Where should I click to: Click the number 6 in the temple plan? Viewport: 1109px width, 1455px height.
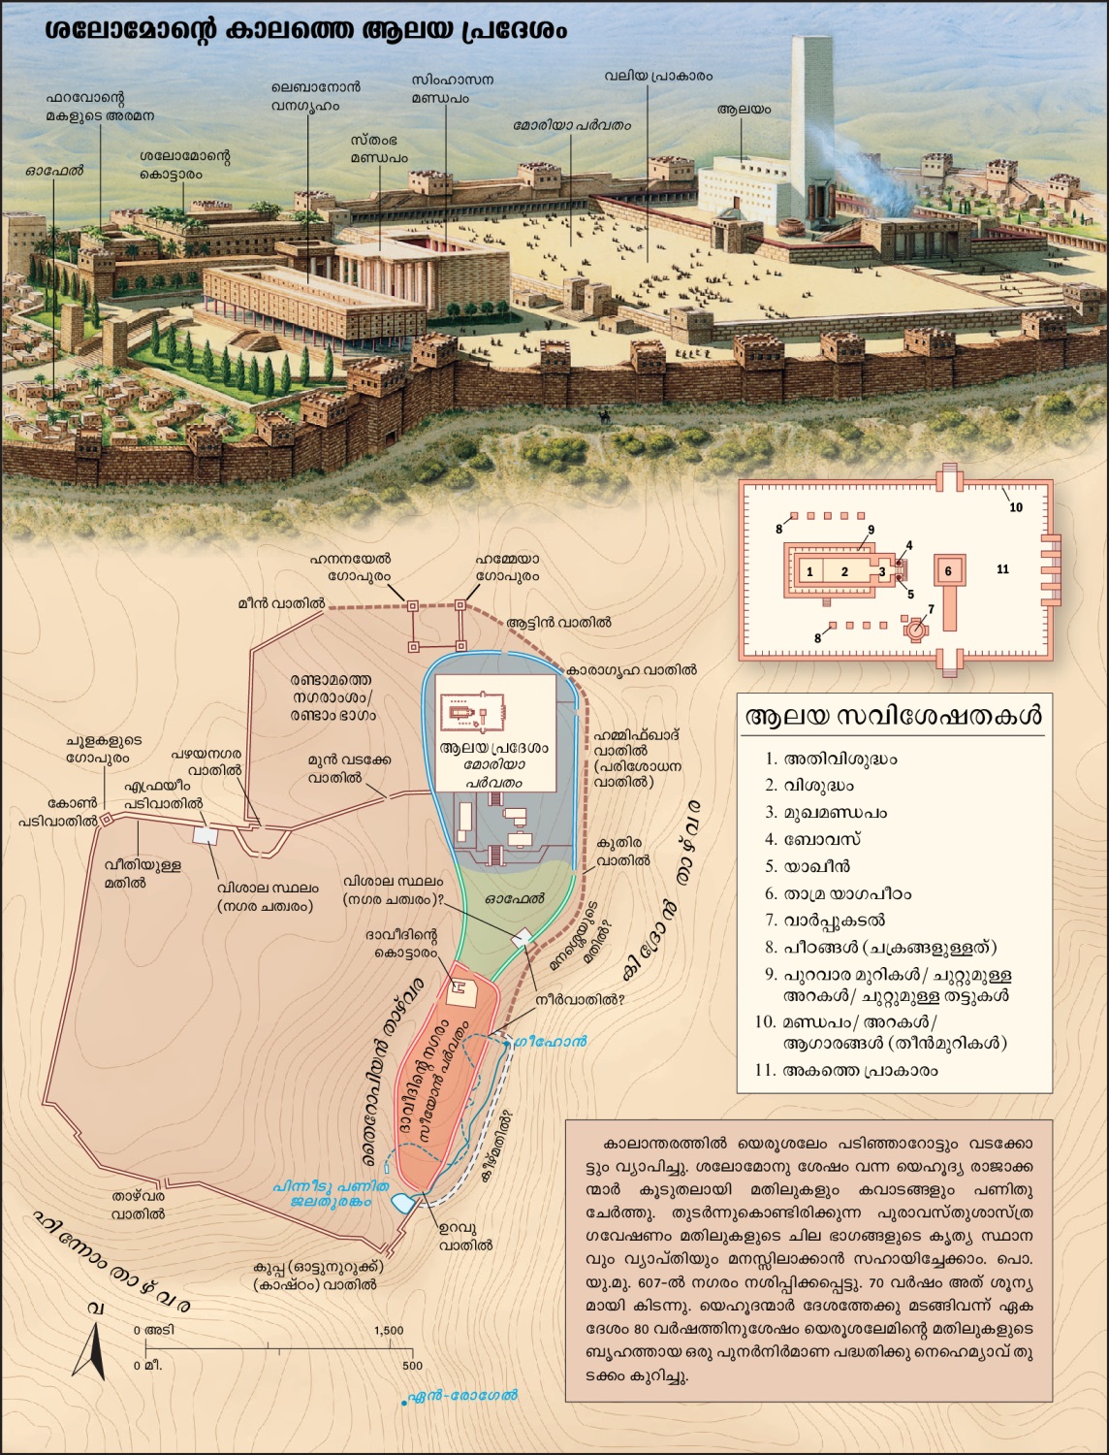pyautogui.click(x=949, y=571)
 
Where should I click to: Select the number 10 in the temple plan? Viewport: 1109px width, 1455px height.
pyautogui.click(x=1016, y=507)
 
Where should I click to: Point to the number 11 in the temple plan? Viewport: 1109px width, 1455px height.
pyautogui.click(x=1002, y=569)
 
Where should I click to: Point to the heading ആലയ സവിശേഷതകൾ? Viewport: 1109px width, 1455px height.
pyautogui.click(x=893, y=717)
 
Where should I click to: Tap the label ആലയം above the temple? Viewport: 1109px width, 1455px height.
pyautogui.click(x=744, y=110)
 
